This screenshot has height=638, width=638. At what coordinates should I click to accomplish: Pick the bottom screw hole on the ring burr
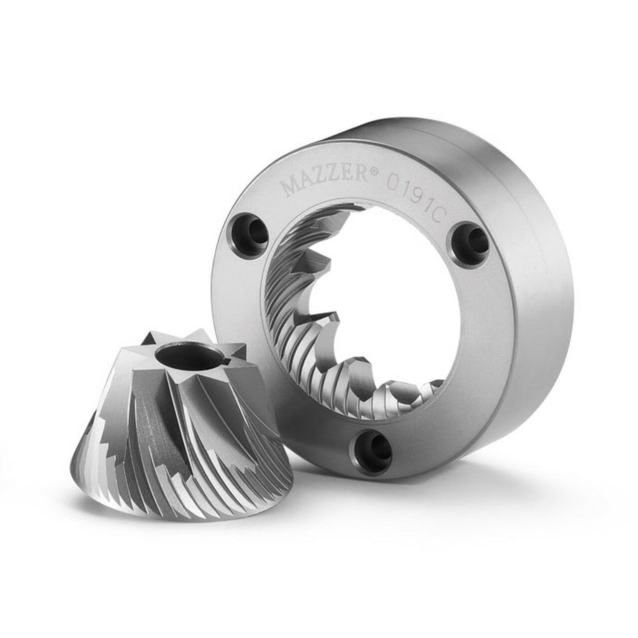coord(374,445)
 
